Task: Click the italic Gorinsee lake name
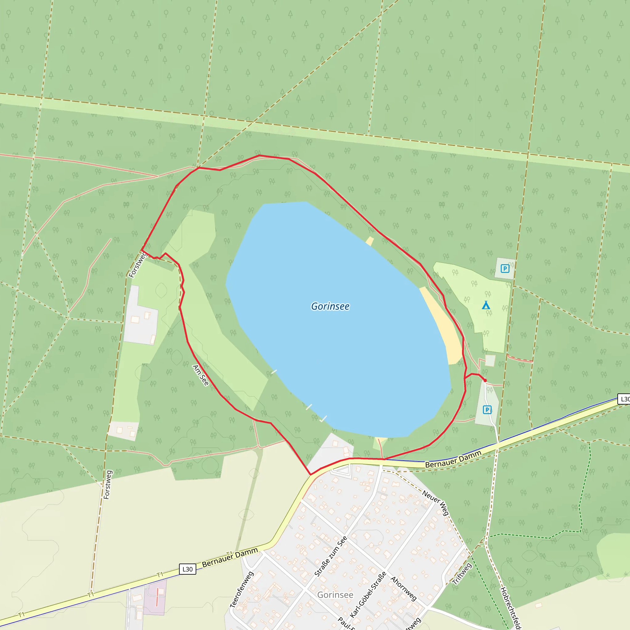[330, 306]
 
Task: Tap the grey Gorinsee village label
[335, 595]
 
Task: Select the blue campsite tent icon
[486, 305]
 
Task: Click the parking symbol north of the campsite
[505, 268]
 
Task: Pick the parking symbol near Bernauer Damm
[487, 409]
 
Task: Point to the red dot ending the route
[485, 380]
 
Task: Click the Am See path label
[201, 375]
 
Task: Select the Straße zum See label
[331, 556]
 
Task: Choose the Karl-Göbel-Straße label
[368, 594]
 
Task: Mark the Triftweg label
[462, 574]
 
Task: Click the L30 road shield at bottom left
[188, 569]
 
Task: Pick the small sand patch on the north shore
[369, 241]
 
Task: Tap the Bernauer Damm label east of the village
[453, 459]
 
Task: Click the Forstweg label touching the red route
[138, 265]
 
